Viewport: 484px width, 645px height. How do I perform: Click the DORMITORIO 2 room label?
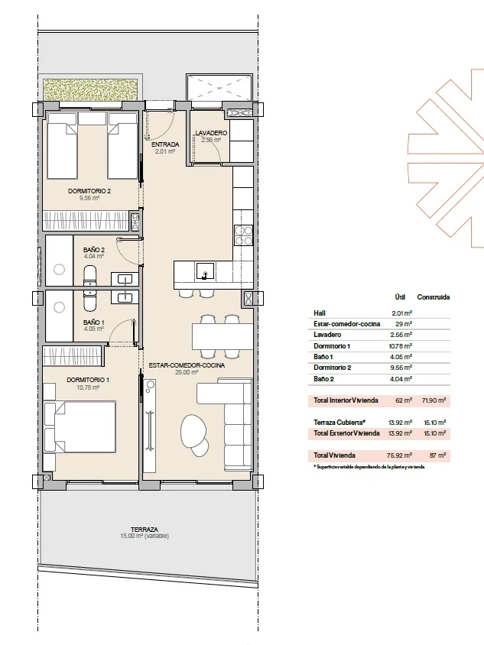click(x=89, y=191)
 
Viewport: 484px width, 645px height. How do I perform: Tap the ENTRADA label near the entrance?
click(x=165, y=144)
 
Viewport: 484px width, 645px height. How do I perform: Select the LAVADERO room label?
click(x=211, y=133)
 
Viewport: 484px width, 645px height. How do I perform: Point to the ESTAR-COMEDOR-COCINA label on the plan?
click(x=187, y=365)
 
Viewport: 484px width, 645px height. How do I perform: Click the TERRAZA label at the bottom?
click(x=145, y=530)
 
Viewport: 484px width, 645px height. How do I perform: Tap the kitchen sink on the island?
click(x=205, y=271)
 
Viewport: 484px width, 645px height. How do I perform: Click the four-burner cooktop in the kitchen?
click(x=243, y=235)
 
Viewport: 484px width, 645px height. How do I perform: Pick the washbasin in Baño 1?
click(x=125, y=297)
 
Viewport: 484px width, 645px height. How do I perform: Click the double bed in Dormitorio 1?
click(x=80, y=427)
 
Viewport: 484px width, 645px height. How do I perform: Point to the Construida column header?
click(x=434, y=297)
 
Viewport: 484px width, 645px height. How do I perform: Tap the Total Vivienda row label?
click(x=334, y=455)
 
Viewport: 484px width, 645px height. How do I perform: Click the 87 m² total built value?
click(x=437, y=455)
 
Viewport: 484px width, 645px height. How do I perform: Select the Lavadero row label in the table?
click(x=327, y=335)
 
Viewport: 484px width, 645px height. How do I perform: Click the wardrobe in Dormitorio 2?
click(x=86, y=220)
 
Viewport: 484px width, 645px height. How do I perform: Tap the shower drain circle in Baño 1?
click(x=60, y=308)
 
